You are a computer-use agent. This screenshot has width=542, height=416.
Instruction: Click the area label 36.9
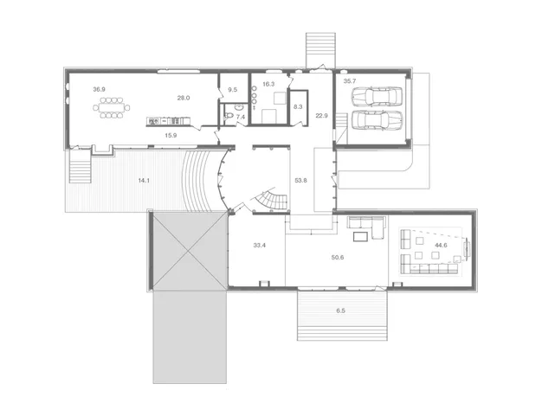99,89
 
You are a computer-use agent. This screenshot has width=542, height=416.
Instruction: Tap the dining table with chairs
112,107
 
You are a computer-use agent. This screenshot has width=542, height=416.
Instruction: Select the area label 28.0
184,98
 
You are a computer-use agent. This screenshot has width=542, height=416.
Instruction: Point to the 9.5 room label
233,90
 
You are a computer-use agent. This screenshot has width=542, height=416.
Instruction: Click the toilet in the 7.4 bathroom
229,116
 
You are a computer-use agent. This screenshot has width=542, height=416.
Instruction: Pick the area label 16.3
268,84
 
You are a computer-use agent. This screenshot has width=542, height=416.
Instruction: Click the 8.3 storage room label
298,107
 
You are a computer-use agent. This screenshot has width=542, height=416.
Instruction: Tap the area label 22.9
321,116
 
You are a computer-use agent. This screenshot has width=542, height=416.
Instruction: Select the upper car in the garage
377,97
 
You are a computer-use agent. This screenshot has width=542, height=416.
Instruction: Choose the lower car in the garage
377,120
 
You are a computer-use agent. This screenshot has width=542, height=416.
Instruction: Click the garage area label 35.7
350,81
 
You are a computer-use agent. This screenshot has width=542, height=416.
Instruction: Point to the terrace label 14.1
144,180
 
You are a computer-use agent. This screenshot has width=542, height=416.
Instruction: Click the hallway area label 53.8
300,180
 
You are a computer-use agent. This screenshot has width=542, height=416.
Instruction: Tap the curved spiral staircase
274,202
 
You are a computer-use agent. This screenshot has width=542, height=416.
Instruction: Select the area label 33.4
259,246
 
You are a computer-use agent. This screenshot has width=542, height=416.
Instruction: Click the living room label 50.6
338,258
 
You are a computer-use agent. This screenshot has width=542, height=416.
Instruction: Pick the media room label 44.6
441,246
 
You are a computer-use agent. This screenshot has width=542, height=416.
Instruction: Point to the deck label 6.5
340,310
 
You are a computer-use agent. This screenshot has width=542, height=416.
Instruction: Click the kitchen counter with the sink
168,121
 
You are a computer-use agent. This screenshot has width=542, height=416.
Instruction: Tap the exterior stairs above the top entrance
320,50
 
